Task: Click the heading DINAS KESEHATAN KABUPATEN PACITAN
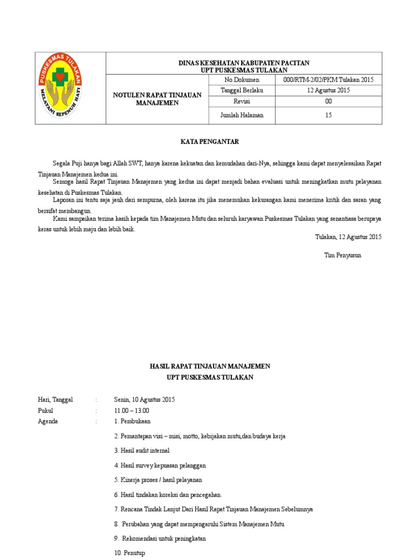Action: coord(244,63)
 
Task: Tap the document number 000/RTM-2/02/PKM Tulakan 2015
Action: coord(328,80)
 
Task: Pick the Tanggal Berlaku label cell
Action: coord(242,90)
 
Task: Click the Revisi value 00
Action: coord(328,101)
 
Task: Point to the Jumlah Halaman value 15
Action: coord(328,115)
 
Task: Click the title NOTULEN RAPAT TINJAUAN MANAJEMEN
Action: coord(157,99)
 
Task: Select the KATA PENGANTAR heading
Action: coord(210,142)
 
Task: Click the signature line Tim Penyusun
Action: coord(343,255)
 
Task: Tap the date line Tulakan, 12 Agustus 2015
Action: coord(348,237)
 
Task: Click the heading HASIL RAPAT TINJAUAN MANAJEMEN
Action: coord(210,366)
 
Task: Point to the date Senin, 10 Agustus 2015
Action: coord(144,400)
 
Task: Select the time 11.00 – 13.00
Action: coord(131,411)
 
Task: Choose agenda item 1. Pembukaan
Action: coord(132,422)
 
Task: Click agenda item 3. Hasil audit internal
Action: coord(142,451)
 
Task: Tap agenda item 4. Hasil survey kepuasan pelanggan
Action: coord(160,465)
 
